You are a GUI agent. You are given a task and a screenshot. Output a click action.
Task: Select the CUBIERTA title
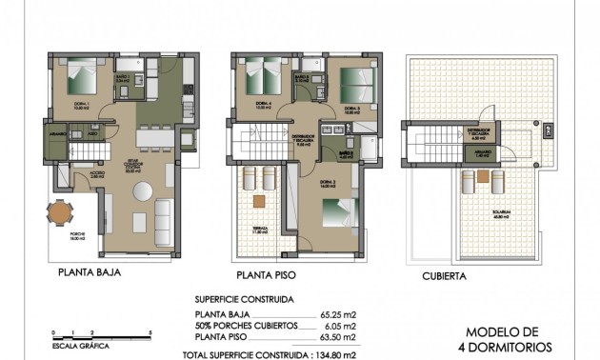point(444,276)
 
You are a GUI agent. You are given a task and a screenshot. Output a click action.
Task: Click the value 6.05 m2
point(340,325)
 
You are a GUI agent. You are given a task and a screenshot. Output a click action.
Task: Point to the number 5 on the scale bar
point(151,330)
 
